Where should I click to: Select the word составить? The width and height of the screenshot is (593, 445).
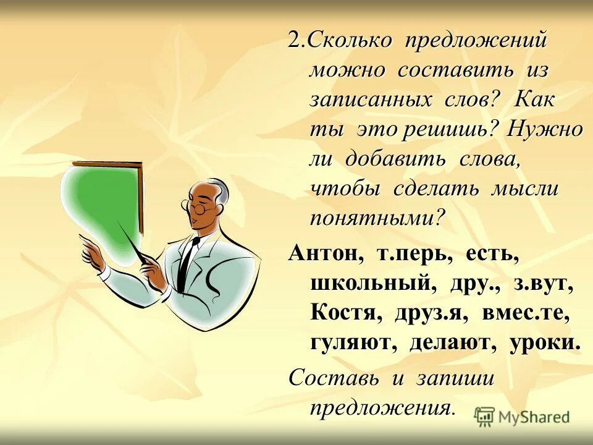pos(455,69)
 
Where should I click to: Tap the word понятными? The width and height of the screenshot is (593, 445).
pos(377,218)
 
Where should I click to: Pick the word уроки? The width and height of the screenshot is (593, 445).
pos(545,343)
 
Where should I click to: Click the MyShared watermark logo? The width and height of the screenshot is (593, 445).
pos(522,417)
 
